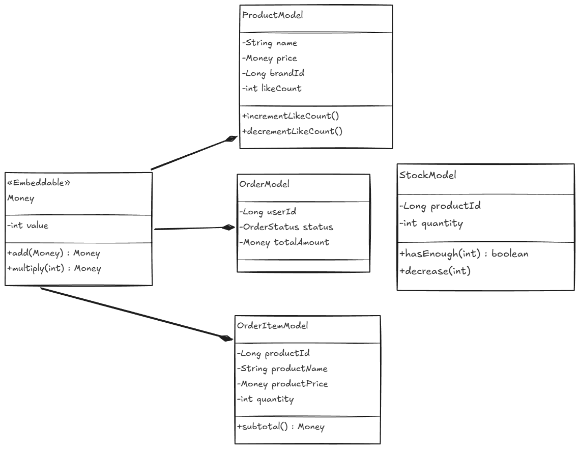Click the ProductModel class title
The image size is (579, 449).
pos(273,15)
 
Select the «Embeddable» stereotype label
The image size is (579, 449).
pos(39,183)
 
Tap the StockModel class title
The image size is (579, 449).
pos(427,175)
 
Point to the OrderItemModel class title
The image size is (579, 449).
pos(273,326)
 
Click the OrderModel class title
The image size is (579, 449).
pos(265,184)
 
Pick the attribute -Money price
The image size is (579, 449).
pos(270,59)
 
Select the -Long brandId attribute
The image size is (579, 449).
pos(273,73)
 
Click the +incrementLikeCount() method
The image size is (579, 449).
pos(290,116)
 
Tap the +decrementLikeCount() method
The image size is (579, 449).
pos(292,131)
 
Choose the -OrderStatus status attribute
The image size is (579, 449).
pos(286,227)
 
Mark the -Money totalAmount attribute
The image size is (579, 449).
pos(284,242)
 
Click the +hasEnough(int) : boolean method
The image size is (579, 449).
pos(464,254)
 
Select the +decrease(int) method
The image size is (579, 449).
pos(435,271)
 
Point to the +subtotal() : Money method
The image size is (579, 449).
pos(281,427)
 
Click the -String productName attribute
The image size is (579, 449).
pos(282,369)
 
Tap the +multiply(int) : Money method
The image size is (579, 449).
pos(54,268)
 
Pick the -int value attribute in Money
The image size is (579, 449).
pos(27,226)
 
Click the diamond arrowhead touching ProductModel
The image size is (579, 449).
pos(231,138)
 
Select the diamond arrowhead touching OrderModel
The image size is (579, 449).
pos(228,227)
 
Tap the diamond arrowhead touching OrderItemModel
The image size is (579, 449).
pos(226,338)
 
